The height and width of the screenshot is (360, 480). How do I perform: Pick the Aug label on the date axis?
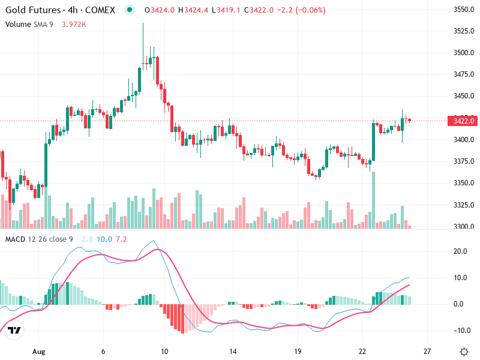click(x=39, y=351)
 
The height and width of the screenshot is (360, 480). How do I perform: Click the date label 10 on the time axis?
click(x=164, y=351)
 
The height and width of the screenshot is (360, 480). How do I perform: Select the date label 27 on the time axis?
click(x=427, y=351)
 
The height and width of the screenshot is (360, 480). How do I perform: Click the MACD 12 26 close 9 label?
click(x=39, y=239)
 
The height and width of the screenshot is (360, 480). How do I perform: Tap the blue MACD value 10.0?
click(x=104, y=239)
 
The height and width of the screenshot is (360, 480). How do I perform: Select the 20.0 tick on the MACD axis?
click(x=460, y=251)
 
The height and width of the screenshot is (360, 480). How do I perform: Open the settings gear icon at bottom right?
click(x=464, y=351)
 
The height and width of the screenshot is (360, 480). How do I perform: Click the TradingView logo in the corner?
click(x=15, y=330)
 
